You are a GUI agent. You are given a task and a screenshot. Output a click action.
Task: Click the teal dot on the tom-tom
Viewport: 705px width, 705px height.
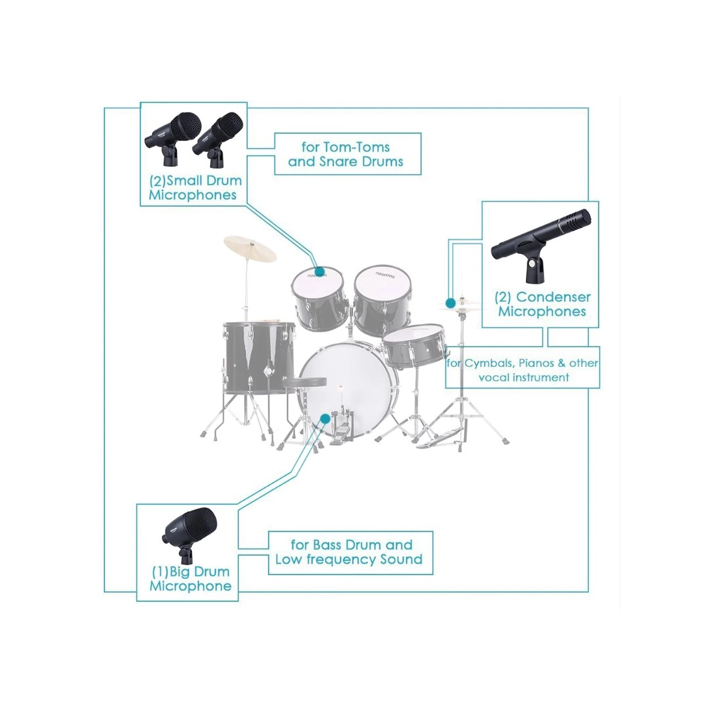[320, 271]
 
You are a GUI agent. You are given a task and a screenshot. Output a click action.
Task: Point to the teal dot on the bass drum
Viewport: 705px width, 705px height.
[325, 418]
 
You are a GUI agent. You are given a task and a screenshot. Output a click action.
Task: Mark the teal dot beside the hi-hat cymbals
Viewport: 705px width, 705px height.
[450, 303]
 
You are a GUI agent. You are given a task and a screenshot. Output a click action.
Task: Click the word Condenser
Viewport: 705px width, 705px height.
[553, 297]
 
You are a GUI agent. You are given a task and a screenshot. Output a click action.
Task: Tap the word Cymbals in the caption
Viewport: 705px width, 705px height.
[490, 364]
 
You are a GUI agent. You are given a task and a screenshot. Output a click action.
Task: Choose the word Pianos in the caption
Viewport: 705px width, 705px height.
[537, 364]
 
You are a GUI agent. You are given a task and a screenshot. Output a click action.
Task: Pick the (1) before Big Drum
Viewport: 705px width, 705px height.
[160, 572]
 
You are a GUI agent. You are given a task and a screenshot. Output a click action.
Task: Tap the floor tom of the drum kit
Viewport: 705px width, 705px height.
[259, 358]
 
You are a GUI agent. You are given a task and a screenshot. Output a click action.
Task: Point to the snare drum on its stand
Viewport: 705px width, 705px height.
[414, 345]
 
